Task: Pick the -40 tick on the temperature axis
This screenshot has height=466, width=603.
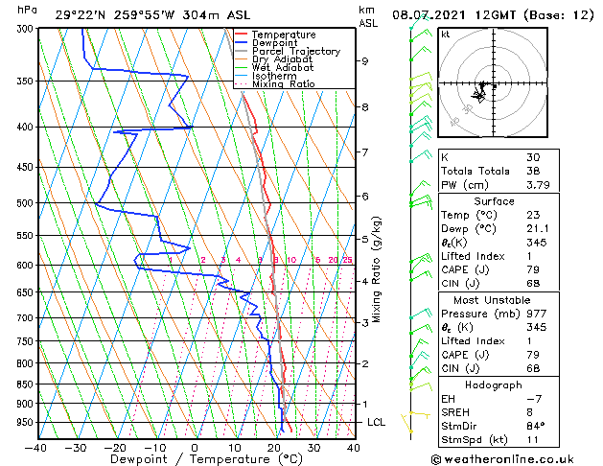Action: tap(36, 447)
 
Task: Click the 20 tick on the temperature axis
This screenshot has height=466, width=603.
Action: tap(274, 447)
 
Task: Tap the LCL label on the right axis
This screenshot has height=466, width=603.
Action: tap(377, 422)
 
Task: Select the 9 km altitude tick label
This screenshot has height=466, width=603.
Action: tap(365, 61)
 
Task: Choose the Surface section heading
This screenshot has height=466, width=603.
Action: tap(495, 201)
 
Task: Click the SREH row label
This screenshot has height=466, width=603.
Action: tap(456, 411)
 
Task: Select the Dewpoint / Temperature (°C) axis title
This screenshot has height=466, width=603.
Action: tap(195, 459)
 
